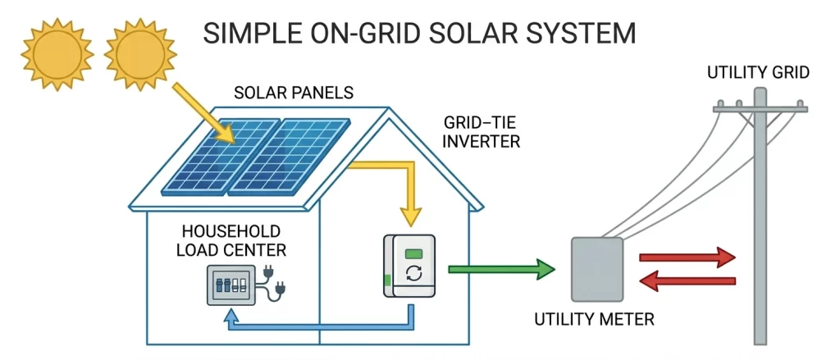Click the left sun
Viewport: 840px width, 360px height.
pyautogui.click(x=57, y=54)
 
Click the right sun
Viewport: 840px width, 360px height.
pyautogui.click(x=140, y=54)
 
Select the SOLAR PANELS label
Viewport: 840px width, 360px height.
pyautogui.click(x=294, y=93)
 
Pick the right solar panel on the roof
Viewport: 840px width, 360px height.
pyautogui.click(x=290, y=157)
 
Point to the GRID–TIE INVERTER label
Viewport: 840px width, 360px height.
pyautogui.click(x=482, y=132)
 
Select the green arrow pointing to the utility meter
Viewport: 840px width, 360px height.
pyautogui.click(x=501, y=269)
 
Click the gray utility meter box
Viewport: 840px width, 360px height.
pyautogui.click(x=597, y=270)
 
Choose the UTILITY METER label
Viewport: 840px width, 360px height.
pyautogui.click(x=594, y=320)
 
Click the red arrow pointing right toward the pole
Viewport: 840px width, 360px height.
pyautogui.click(x=687, y=257)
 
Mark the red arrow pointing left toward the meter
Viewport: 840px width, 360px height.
pyautogui.click(x=688, y=280)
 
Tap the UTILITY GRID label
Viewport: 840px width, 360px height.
pyautogui.click(x=758, y=72)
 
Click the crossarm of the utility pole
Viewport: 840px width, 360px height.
pyautogui.click(x=760, y=109)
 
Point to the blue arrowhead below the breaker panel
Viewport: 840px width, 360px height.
pyautogui.click(x=230, y=321)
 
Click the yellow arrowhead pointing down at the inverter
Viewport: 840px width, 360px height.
pyautogui.click(x=410, y=216)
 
